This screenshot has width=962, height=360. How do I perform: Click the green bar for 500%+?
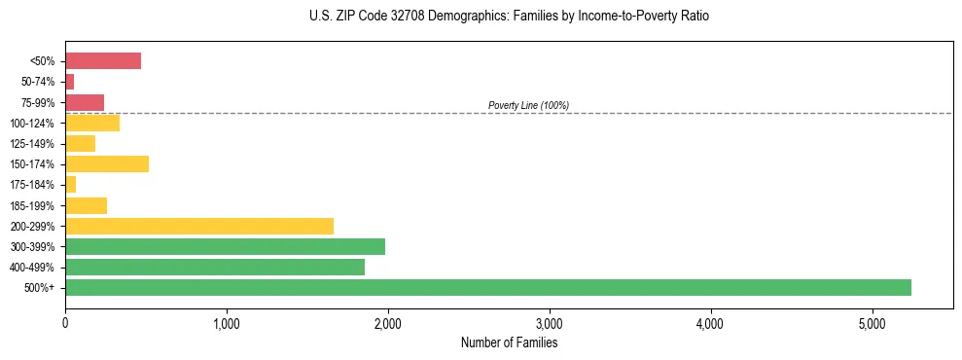pos(487,287)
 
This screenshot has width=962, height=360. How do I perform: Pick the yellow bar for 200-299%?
pos(198,226)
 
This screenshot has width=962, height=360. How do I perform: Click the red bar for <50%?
pos(102,61)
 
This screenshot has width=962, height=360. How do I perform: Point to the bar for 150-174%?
pos(106,164)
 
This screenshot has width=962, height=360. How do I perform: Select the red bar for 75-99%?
pos(84,102)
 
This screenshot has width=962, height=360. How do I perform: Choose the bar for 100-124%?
pos(91,123)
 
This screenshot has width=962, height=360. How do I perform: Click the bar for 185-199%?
pos(86,205)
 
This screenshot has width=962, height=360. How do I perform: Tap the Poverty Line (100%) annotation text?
pos(528,105)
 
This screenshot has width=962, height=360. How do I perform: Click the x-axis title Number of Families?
pos(509,342)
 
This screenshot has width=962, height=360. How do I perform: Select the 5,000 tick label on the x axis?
pos(873,323)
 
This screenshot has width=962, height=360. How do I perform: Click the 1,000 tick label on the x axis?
pos(227,323)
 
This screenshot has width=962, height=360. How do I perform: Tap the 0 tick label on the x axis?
pos(65,323)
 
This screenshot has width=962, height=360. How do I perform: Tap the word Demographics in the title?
pos(457,17)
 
